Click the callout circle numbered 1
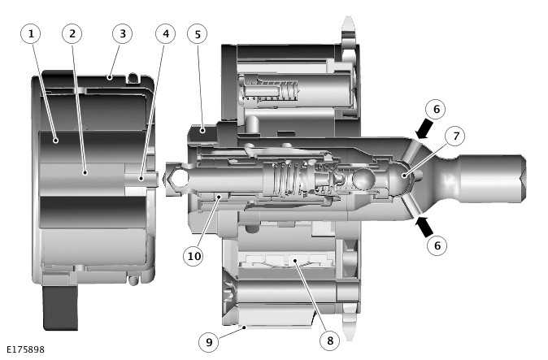click(x=31, y=33)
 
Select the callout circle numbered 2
click(x=72, y=33)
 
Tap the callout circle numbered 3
click(x=122, y=33)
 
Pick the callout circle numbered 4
click(x=166, y=33)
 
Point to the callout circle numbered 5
click(x=196, y=33)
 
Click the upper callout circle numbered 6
click(x=437, y=109)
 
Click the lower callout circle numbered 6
click(x=437, y=244)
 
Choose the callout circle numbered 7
click(x=454, y=135)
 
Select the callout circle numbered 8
click(x=329, y=340)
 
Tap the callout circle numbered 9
click(x=209, y=342)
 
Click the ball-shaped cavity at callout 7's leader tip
click(x=404, y=176)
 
